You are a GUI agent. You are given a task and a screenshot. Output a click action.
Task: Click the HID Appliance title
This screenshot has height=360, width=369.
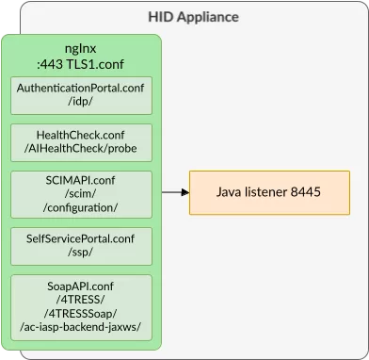194,17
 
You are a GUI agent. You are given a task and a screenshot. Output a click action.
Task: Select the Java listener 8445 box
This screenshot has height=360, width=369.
269,192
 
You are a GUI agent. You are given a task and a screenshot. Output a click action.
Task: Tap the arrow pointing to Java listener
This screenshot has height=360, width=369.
174,192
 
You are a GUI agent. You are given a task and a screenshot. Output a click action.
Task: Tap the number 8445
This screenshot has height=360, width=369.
305,192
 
